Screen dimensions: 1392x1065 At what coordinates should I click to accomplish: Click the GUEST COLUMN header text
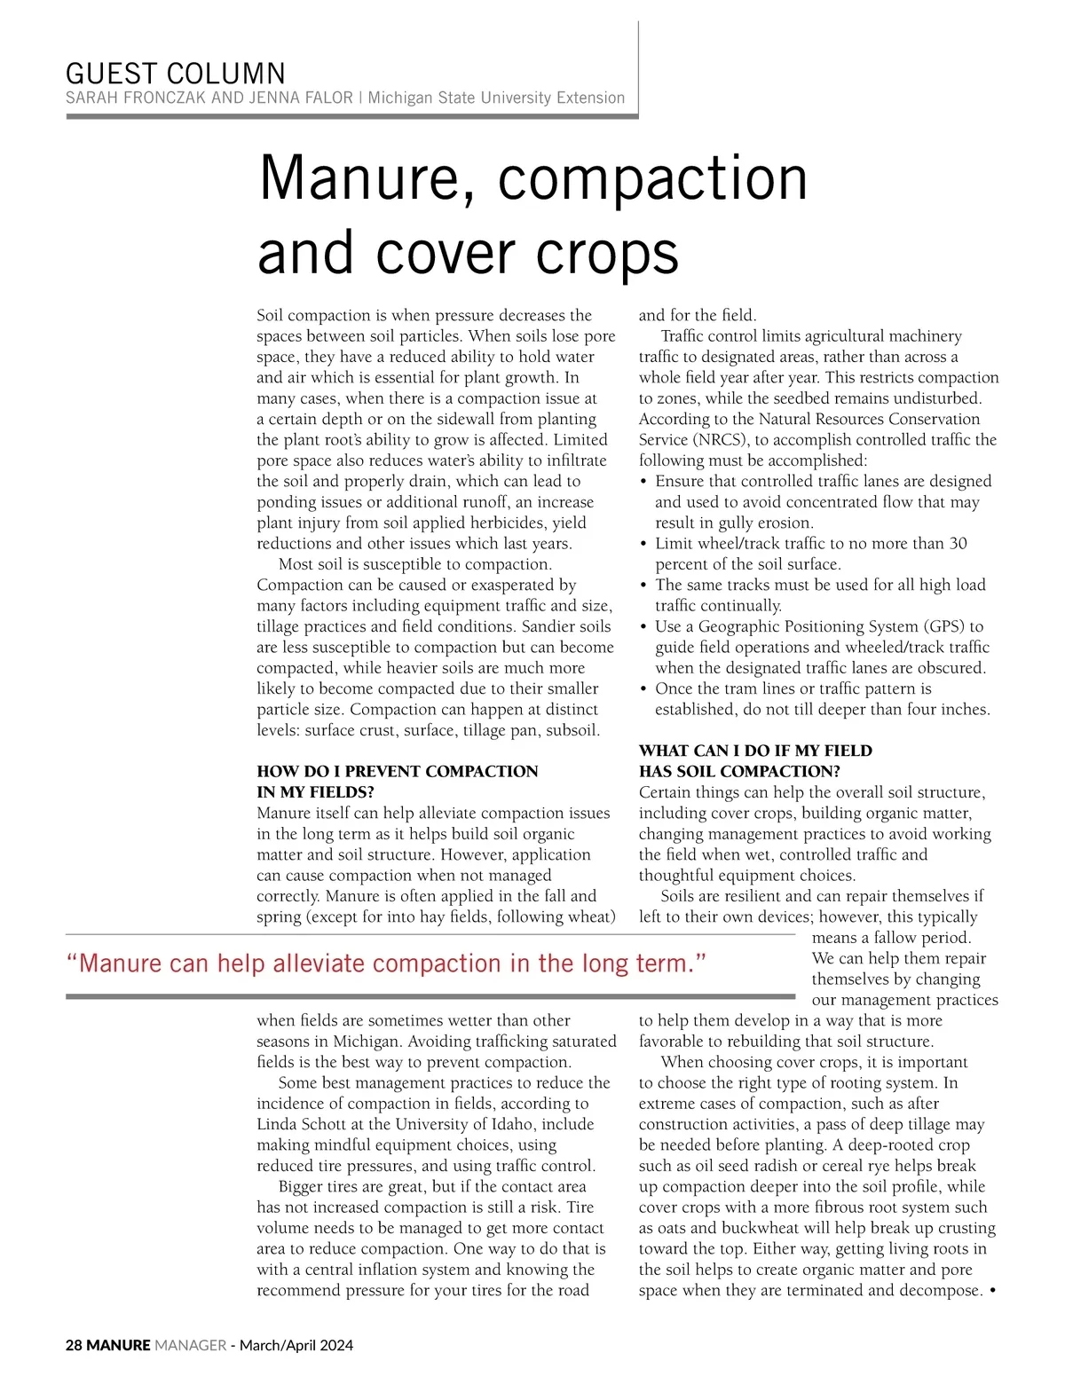[x=176, y=73]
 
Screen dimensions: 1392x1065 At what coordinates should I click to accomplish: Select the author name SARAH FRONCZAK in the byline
[x=137, y=98]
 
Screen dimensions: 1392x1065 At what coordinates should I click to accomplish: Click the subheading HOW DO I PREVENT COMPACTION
[x=397, y=771]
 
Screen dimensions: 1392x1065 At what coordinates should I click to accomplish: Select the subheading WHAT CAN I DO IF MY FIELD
[x=755, y=751]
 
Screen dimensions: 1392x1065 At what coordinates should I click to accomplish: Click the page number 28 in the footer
[x=74, y=1345]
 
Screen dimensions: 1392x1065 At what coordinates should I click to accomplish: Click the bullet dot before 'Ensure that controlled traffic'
[x=643, y=482]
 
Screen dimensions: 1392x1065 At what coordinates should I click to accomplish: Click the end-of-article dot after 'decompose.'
[x=991, y=1290]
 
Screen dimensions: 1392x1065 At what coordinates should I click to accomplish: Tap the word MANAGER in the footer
[x=190, y=1345]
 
